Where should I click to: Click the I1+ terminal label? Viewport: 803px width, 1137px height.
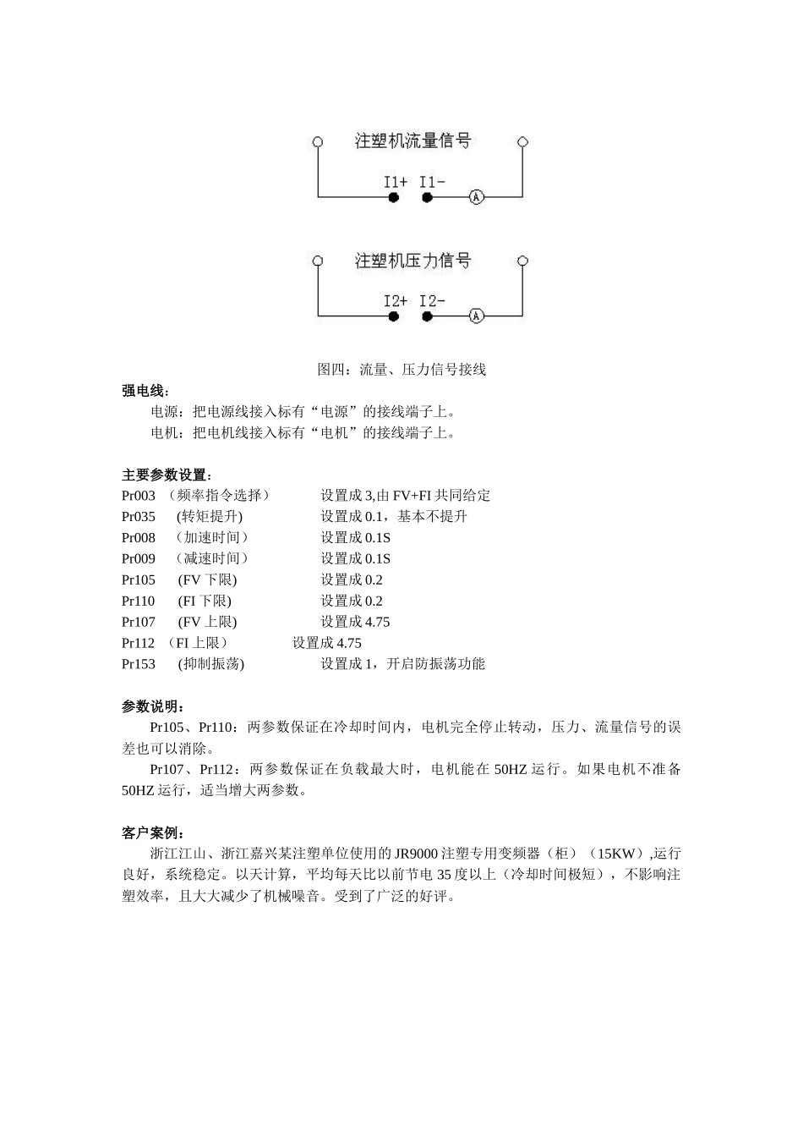tap(395, 182)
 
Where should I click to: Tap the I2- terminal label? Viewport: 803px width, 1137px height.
tap(432, 301)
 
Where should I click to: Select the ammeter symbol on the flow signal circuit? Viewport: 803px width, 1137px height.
tap(477, 197)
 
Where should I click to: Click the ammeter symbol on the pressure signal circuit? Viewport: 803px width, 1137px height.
tap(477, 316)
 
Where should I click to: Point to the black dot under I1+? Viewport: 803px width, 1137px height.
tap(393, 197)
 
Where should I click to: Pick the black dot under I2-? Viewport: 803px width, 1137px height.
tap(427, 316)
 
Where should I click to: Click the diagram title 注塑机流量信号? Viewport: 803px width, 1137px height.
tap(412, 141)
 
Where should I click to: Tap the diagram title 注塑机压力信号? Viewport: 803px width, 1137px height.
tap(412, 261)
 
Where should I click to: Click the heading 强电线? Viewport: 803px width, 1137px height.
tap(145, 390)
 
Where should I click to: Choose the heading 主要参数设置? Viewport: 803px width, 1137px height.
tap(167, 475)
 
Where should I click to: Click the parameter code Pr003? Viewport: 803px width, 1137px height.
tap(139, 496)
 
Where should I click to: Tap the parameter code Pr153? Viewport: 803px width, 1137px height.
tap(139, 664)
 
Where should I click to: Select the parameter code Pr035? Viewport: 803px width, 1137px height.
tap(139, 517)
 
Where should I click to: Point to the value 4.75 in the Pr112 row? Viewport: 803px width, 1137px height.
tap(348, 643)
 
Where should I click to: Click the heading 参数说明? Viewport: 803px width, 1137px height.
tap(153, 706)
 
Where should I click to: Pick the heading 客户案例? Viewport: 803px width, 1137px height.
tap(153, 833)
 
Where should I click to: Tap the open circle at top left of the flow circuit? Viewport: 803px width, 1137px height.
tap(318, 142)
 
